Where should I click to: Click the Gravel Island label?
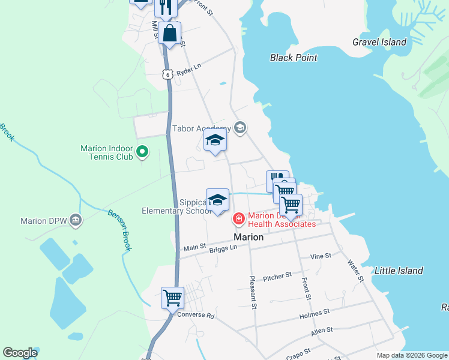[379, 42]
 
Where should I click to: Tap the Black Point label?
[294, 58]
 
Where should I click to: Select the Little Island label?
[399, 271]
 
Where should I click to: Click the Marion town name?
[249, 237]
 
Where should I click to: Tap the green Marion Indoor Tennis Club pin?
[142, 152]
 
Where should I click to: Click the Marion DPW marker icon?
[74, 220]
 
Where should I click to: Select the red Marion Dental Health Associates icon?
[239, 220]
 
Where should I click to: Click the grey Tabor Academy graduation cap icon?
[240, 127]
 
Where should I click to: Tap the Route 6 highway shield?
[167, 73]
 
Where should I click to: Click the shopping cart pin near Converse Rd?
[172, 296]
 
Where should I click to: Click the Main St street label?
[194, 247]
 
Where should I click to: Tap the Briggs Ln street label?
[225, 249]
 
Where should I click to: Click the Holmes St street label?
[318, 313]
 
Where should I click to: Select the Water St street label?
[356, 271]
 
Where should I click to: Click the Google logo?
[20, 353]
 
